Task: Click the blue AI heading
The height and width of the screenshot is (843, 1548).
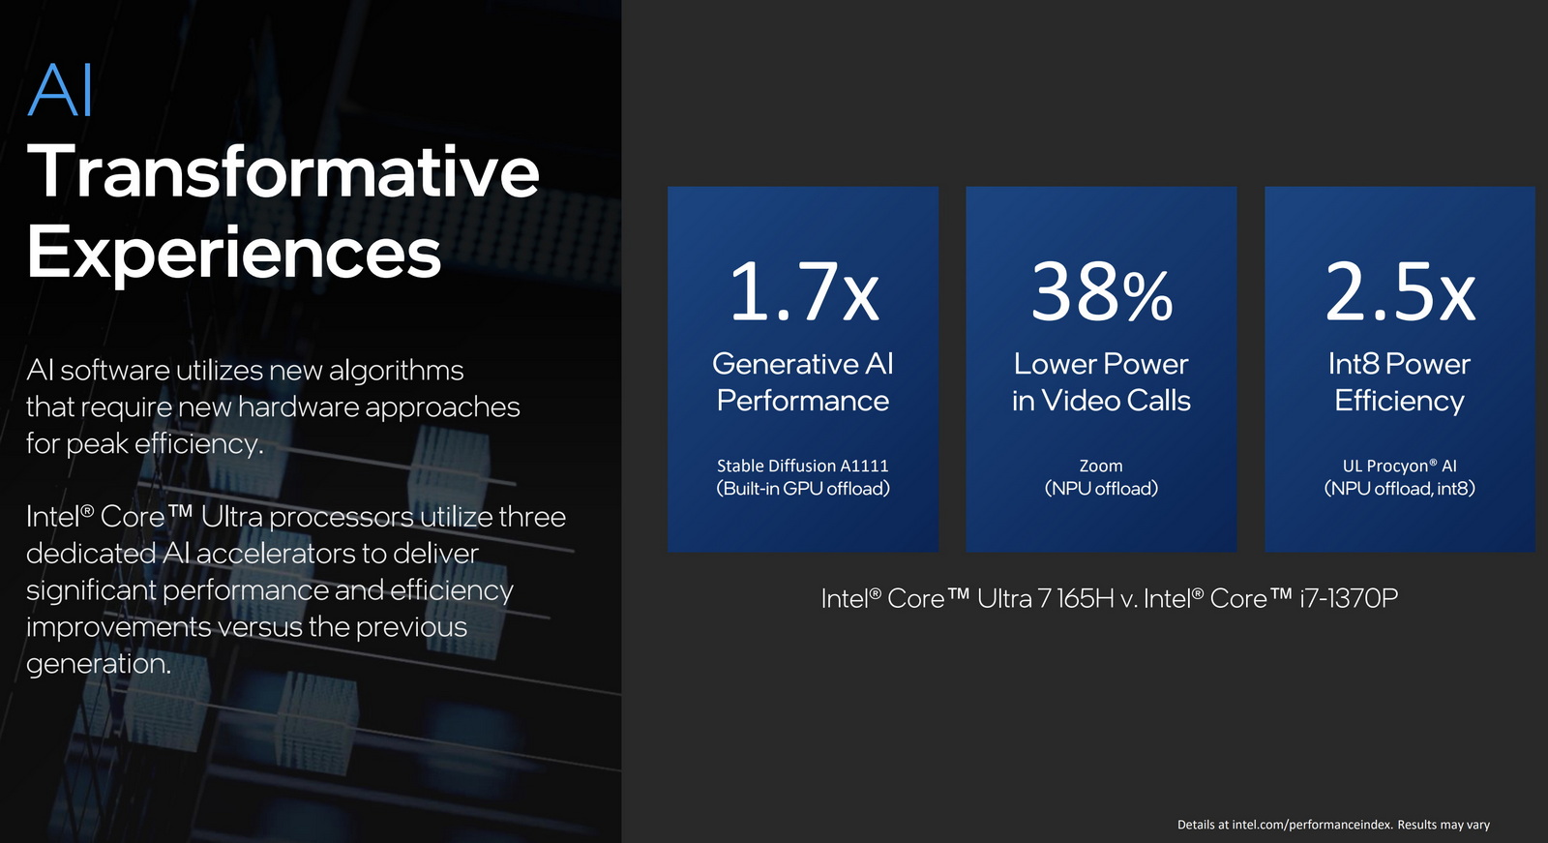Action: [x=60, y=92]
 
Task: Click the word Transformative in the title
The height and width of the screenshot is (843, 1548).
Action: [x=283, y=171]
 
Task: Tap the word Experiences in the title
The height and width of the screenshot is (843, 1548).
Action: [x=233, y=252]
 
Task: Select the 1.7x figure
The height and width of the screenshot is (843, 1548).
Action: [x=803, y=291]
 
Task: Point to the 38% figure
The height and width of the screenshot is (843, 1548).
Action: [x=1101, y=291]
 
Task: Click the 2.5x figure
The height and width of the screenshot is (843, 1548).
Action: [x=1399, y=291]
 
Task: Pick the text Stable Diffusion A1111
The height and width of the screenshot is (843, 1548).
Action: [x=802, y=466]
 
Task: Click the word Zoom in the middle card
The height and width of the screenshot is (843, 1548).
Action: [x=1101, y=466]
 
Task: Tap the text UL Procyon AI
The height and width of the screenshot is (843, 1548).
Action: [x=1399, y=466]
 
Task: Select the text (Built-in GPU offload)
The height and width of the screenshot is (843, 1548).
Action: [x=802, y=489]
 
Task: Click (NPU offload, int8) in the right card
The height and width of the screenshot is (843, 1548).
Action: [x=1399, y=489]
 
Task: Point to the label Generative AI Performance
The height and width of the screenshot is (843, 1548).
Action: [x=802, y=381]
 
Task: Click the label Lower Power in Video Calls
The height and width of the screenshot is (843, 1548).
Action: [x=1101, y=381]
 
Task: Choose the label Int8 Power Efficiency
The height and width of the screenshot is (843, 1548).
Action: [x=1399, y=381]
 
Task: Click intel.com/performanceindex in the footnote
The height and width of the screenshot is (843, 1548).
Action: [x=1311, y=825]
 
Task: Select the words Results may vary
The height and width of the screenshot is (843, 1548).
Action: [x=1444, y=825]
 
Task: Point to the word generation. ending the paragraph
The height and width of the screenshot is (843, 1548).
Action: [x=99, y=664]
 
